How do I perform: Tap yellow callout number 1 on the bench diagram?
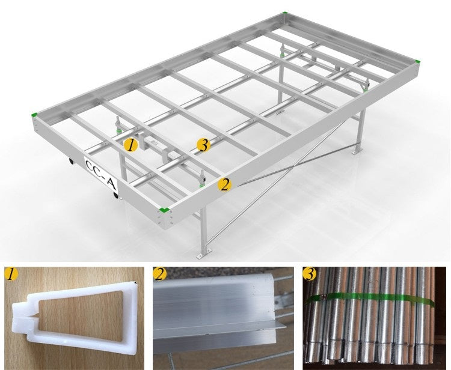pyautogui.click(x=131, y=145)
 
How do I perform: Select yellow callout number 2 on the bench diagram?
pyautogui.click(x=224, y=184)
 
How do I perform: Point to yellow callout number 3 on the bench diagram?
pyautogui.click(x=203, y=145)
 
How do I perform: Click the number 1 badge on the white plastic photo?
pyautogui.click(x=11, y=274)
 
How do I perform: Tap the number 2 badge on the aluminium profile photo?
pyautogui.click(x=160, y=274)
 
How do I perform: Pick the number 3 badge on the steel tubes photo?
pyautogui.click(x=310, y=274)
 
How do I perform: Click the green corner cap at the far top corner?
pyautogui.click(x=284, y=13)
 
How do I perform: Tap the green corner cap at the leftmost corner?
pyautogui.click(x=34, y=115)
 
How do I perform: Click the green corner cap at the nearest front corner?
pyautogui.click(x=164, y=210)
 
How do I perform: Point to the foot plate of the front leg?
pyautogui.click(x=204, y=255)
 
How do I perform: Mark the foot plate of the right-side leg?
pyautogui.click(x=356, y=152)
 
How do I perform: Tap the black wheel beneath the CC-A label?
pyautogui.click(x=116, y=196)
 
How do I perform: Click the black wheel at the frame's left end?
pyautogui.click(x=71, y=162)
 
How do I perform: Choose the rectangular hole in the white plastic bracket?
pyautogui.click(x=81, y=316)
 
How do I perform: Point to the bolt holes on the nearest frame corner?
pyautogui.click(x=165, y=219)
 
